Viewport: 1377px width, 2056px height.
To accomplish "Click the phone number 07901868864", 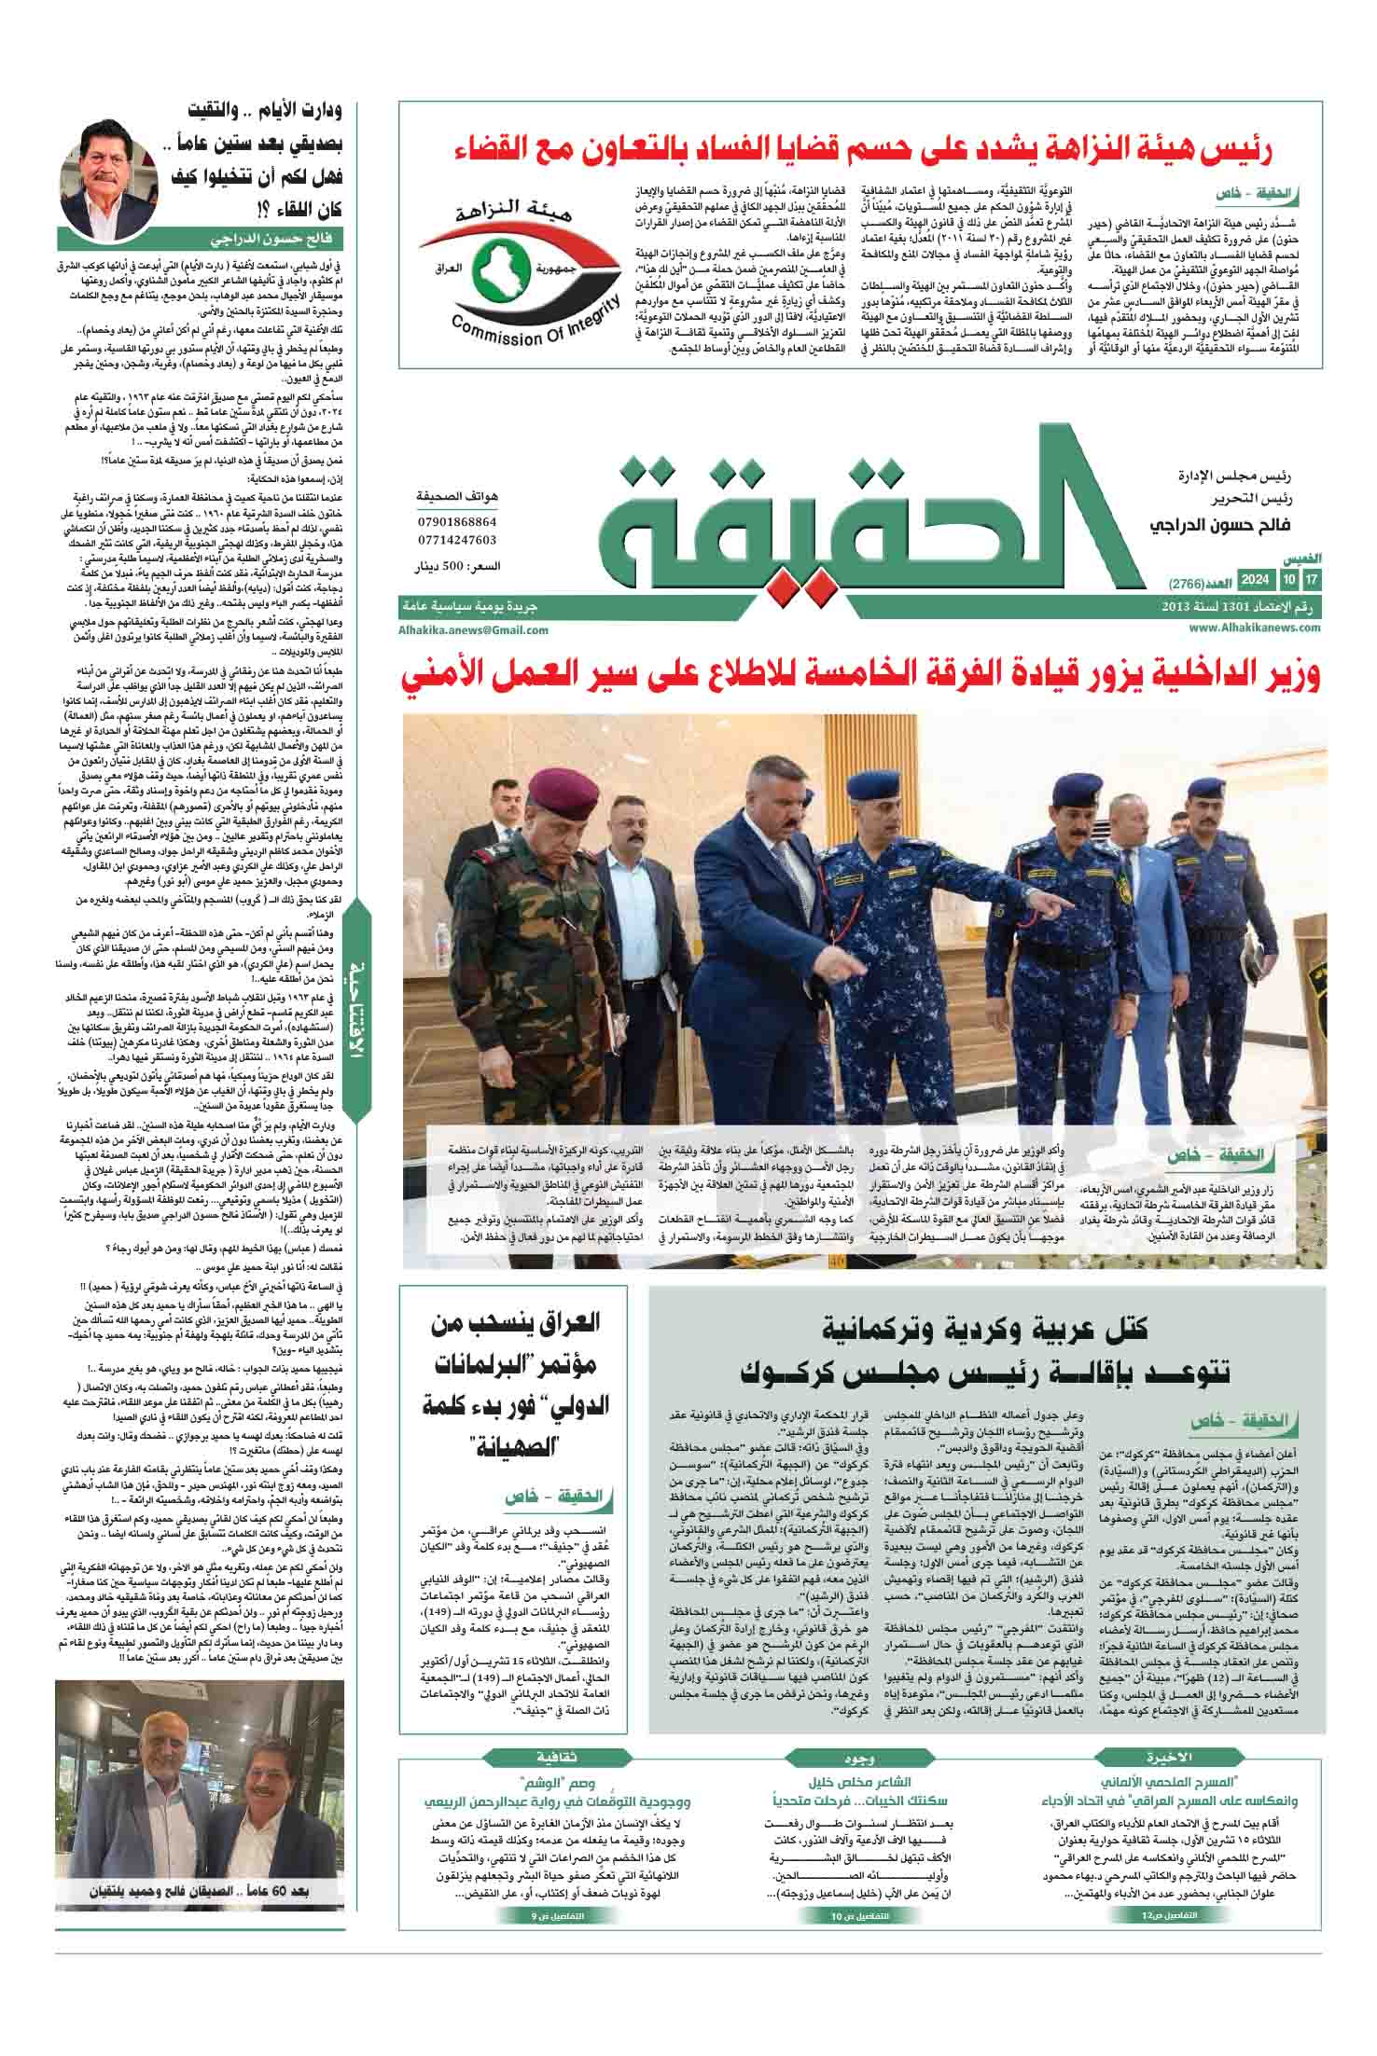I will point(457,522).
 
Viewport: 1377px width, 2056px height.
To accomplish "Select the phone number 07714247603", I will point(457,540).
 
